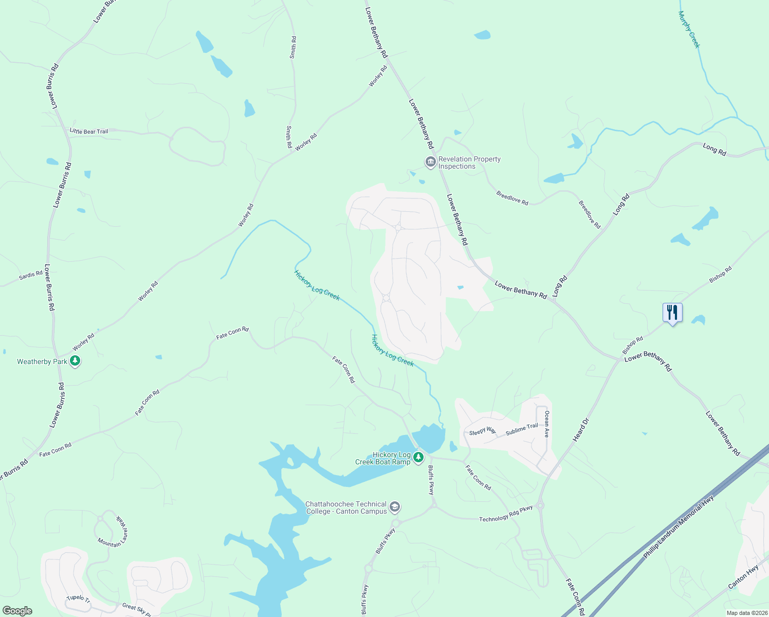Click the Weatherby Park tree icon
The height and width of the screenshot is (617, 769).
coord(76,361)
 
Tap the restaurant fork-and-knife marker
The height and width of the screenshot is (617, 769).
coord(672,313)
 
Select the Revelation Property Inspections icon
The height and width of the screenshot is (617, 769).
coord(430,162)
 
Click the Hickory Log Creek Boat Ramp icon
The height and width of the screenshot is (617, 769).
coord(418,457)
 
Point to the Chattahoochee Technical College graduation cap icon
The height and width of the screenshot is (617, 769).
coord(395,507)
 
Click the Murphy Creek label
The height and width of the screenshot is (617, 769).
coord(689,29)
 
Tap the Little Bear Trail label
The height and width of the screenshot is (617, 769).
coord(89,131)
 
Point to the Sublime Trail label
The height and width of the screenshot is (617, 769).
coord(522,429)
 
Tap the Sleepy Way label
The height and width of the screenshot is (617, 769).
coord(482,431)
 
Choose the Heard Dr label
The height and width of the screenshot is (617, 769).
coord(580,430)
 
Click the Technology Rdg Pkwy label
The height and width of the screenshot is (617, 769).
coord(506,514)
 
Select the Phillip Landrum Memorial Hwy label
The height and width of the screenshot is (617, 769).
coord(679,527)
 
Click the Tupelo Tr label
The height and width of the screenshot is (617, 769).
coord(79,599)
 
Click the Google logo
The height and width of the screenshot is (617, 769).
coord(17,611)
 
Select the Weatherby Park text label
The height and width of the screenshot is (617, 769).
coord(42,361)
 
